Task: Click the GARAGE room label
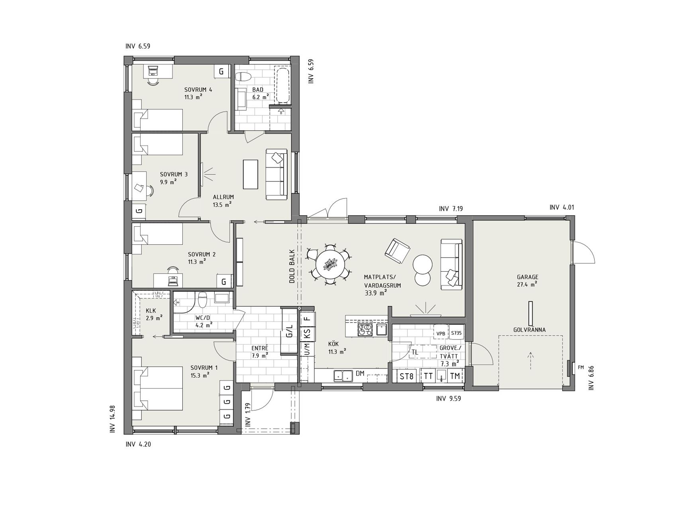pos(527,277)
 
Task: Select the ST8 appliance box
pos(406,376)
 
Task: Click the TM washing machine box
pos(455,376)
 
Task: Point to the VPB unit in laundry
pos(441,333)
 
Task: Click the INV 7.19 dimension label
pos(451,208)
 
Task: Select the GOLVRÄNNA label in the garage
pos(529,330)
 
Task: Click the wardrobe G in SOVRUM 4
pos(221,72)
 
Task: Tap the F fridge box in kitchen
pos(307,318)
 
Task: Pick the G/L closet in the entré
pos(290,331)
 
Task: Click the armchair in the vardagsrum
pos(397,251)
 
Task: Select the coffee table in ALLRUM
pos(251,174)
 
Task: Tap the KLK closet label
pos(151,310)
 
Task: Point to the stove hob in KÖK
pos(366,329)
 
